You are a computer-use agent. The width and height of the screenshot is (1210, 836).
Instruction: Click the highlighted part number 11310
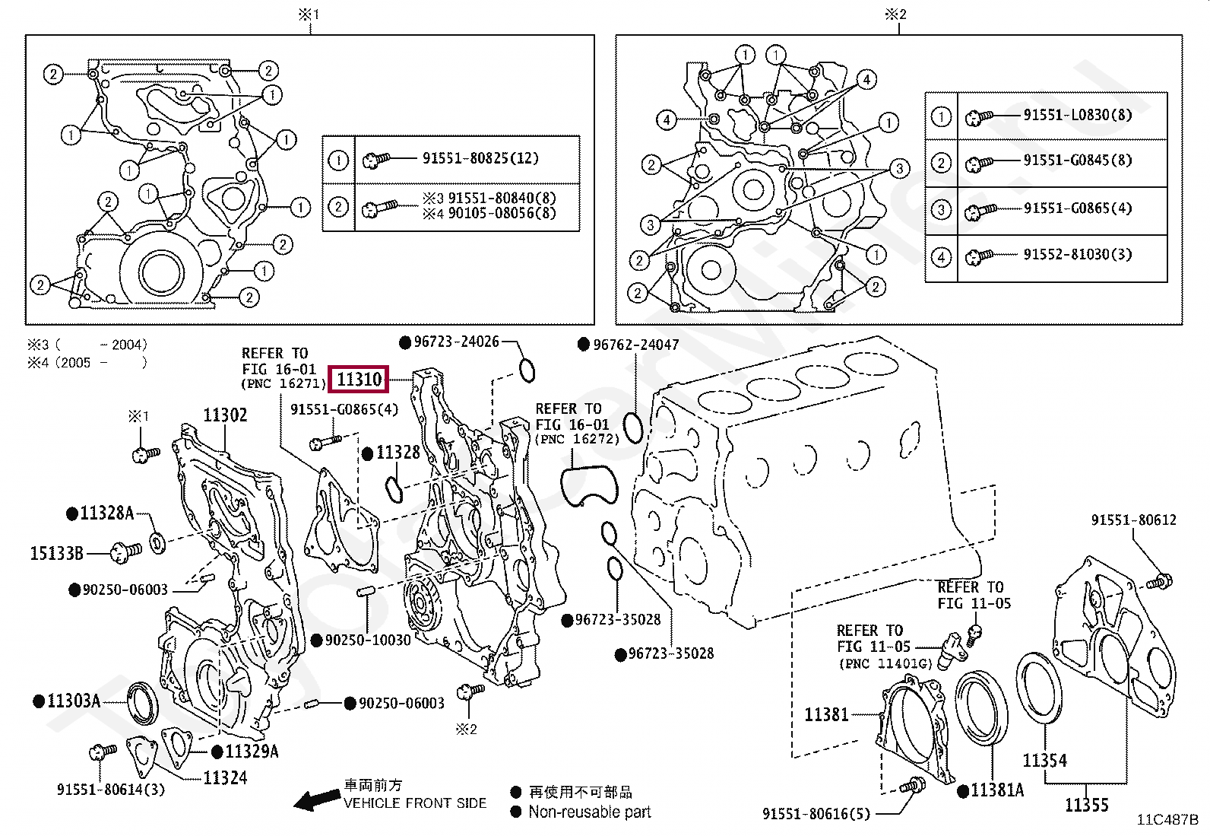(360, 378)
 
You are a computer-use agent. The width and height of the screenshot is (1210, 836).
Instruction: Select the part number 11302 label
(225, 415)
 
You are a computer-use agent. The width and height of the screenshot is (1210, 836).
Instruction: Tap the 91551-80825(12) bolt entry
(480, 158)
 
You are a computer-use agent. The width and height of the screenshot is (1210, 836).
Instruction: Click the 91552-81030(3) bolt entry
(1077, 255)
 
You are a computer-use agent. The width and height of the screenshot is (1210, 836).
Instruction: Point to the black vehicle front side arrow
(317, 799)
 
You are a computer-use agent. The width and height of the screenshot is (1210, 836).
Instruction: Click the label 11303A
(73, 701)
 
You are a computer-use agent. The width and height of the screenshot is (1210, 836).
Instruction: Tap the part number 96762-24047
(635, 345)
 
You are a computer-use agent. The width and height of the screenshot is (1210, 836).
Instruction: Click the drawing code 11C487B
(1167, 820)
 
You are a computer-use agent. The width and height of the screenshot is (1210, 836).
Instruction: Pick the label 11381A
(996, 790)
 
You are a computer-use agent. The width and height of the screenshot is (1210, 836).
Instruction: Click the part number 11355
(1086, 805)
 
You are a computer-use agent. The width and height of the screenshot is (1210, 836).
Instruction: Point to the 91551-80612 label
(1133, 520)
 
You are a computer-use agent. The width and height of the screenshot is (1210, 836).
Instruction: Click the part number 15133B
(56, 553)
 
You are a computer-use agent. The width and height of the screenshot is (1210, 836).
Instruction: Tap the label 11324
(225, 777)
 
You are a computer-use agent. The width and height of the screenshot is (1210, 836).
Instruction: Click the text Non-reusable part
(590, 812)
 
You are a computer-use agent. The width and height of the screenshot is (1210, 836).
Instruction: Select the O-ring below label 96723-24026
(527, 370)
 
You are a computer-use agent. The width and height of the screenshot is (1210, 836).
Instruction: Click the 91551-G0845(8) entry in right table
(1077, 161)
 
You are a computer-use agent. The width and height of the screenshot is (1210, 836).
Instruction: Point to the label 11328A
(106, 513)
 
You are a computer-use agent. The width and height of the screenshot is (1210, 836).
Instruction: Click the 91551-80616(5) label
(816, 814)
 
